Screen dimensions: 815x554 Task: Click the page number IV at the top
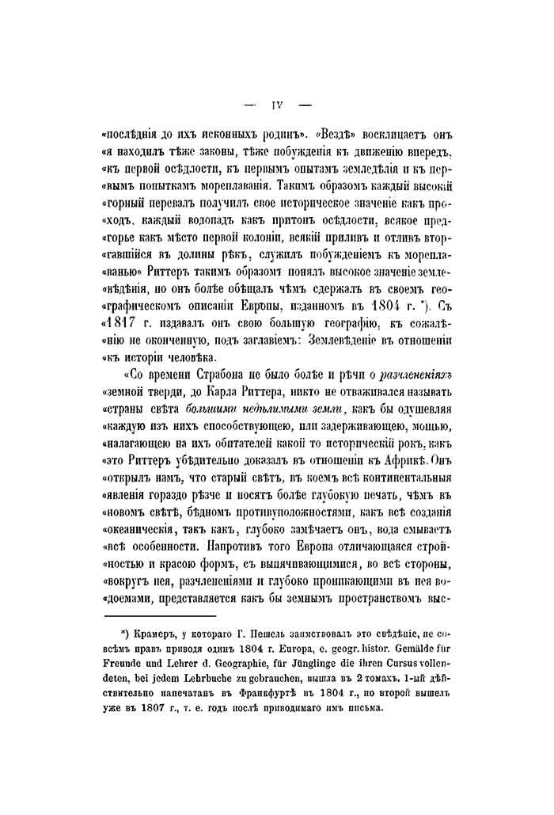point(277,104)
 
